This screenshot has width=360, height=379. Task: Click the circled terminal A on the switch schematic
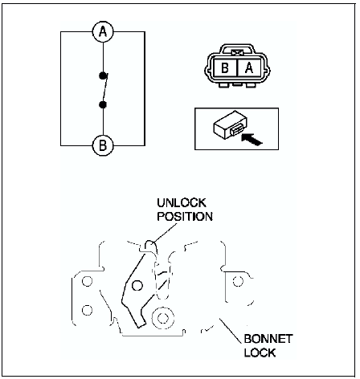coord(103,32)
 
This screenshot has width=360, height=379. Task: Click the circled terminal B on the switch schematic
coord(103,145)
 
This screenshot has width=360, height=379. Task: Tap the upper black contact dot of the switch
coord(103,76)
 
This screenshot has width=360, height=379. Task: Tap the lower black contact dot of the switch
coord(103,104)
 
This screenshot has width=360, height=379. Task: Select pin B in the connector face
coord(225,67)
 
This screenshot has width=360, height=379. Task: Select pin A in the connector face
coord(249,67)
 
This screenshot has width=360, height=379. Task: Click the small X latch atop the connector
coord(237,53)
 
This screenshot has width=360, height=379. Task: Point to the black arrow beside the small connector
coord(252,139)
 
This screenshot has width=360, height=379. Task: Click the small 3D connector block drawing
coord(230,125)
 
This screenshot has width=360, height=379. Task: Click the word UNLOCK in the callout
coord(182,203)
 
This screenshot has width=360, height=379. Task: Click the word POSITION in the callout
coord(185,216)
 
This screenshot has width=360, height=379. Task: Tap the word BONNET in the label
coord(268,339)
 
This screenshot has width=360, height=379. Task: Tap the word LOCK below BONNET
coord(260,353)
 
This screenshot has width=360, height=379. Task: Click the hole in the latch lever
coord(137,286)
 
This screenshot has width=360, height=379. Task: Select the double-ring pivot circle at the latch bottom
coord(162,318)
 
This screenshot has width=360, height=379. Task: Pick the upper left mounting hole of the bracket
coord(87,281)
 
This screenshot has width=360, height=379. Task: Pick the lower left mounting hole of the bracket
coord(87,310)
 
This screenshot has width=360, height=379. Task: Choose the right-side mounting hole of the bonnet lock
coord(238,281)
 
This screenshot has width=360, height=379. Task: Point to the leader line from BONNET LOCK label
coord(230,330)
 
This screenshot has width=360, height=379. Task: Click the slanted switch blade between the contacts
coord(105,88)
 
